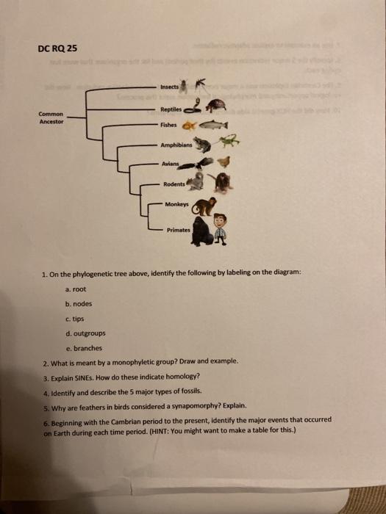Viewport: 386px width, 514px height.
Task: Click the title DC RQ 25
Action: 56,49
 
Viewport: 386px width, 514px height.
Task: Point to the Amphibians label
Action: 176,146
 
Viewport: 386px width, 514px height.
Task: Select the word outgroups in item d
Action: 87,333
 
